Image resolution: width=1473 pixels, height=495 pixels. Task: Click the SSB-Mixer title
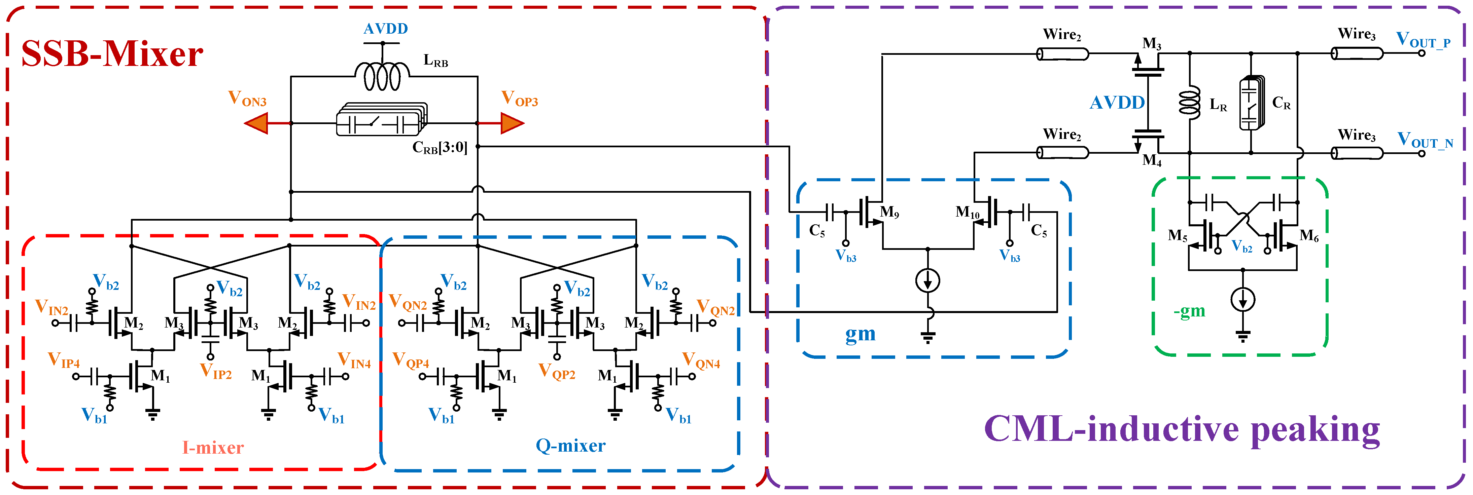[112, 54]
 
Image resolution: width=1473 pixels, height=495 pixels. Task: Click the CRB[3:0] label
[440, 148]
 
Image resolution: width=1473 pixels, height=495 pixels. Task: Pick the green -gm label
[1189, 311]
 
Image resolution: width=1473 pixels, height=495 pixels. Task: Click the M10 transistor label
[967, 213]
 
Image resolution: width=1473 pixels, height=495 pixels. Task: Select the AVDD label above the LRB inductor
[385, 29]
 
